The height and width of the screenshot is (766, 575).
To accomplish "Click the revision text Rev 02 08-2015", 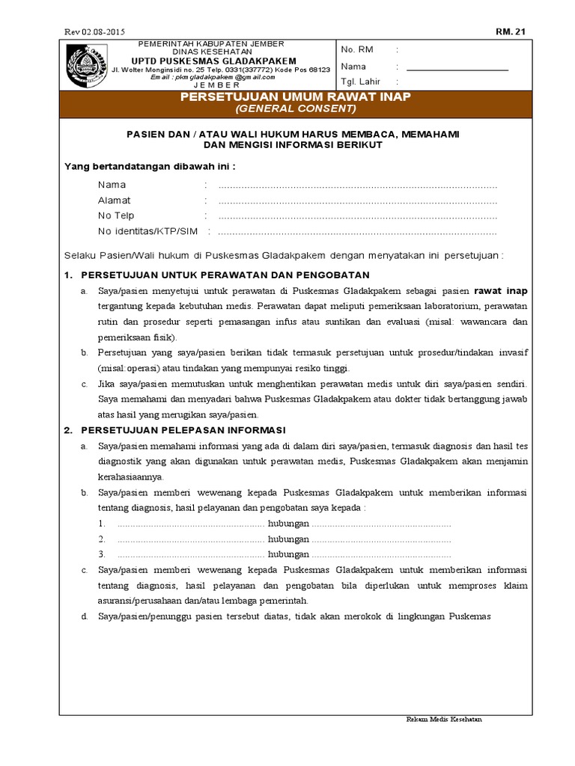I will [x=94, y=31].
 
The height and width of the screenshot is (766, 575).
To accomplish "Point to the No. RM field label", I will [x=357, y=49].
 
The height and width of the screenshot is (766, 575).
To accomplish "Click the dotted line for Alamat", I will [x=357, y=200].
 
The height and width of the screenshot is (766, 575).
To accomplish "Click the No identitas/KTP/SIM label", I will [x=147, y=230].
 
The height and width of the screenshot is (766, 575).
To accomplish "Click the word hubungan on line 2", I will [x=289, y=539].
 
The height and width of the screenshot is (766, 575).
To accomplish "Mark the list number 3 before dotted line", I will [x=101, y=554].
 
